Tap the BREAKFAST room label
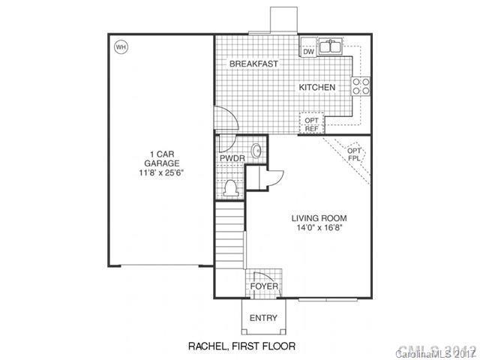[253, 64]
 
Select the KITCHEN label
[317, 88]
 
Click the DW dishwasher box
[308, 51]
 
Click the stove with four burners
[361, 86]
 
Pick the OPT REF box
[311, 123]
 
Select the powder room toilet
[230, 187]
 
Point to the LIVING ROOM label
[319, 219]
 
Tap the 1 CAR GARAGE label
[160, 160]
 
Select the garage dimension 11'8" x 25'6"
[160, 172]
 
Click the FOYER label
[263, 286]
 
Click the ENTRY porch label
[263, 318]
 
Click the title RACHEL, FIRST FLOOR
[241, 346]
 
